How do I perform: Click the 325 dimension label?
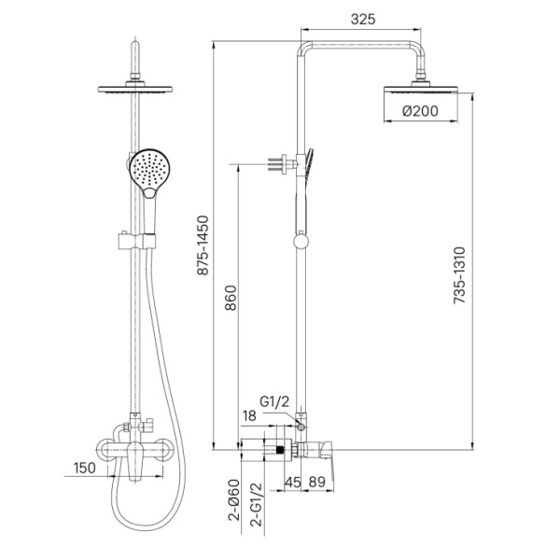click(363, 19)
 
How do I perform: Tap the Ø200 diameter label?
click(420, 111)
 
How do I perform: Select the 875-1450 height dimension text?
click(203, 245)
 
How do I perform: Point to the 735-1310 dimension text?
click(459, 275)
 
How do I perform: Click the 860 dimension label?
click(231, 299)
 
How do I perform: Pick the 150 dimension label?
click(85, 468)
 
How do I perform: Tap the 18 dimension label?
click(249, 415)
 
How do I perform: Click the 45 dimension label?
click(293, 483)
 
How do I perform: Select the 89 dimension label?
click(317, 483)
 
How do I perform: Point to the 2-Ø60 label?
click(234, 500)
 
